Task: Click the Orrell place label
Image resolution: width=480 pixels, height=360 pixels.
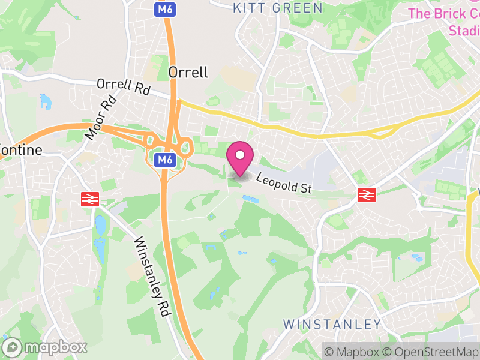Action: [188, 73]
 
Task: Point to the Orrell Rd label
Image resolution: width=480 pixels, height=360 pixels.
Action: [123, 86]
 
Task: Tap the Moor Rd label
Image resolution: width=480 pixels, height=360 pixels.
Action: [100, 118]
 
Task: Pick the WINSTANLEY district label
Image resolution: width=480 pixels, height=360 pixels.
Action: [332, 325]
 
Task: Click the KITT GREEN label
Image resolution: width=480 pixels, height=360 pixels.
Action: [278, 8]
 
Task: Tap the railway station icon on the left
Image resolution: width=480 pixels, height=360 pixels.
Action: [90, 199]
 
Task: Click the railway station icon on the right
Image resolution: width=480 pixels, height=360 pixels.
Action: [366, 194]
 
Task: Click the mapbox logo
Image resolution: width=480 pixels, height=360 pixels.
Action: [46, 347]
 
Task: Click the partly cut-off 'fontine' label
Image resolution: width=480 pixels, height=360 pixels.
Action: [22, 150]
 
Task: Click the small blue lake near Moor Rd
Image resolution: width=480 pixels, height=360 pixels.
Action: [45, 101]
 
